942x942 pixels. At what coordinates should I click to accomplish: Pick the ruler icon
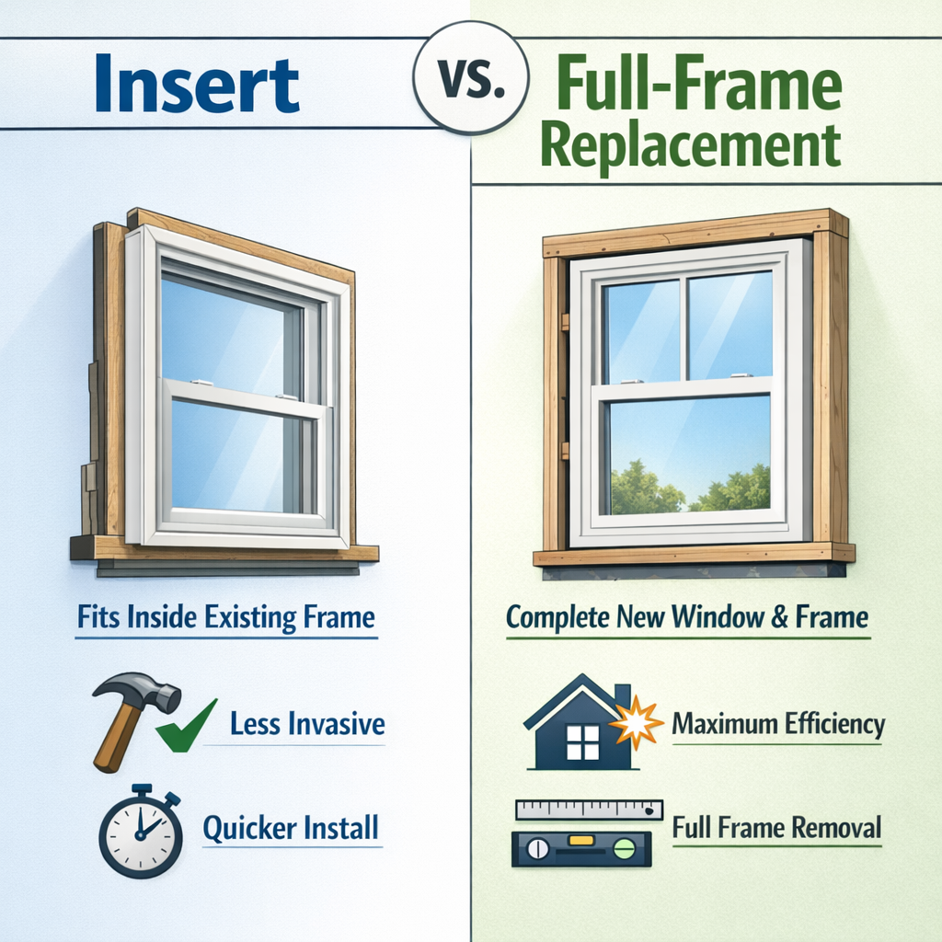pos(590,810)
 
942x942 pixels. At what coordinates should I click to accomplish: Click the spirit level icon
pos(581,848)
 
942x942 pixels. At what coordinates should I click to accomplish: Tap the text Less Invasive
pos(307,724)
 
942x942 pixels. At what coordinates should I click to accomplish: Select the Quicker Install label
pos(291,829)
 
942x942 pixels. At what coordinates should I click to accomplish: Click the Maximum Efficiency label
pos(778,724)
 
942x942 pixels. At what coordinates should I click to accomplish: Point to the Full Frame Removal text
pos(776,827)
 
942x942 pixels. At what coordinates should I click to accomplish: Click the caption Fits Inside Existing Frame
pos(226,618)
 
